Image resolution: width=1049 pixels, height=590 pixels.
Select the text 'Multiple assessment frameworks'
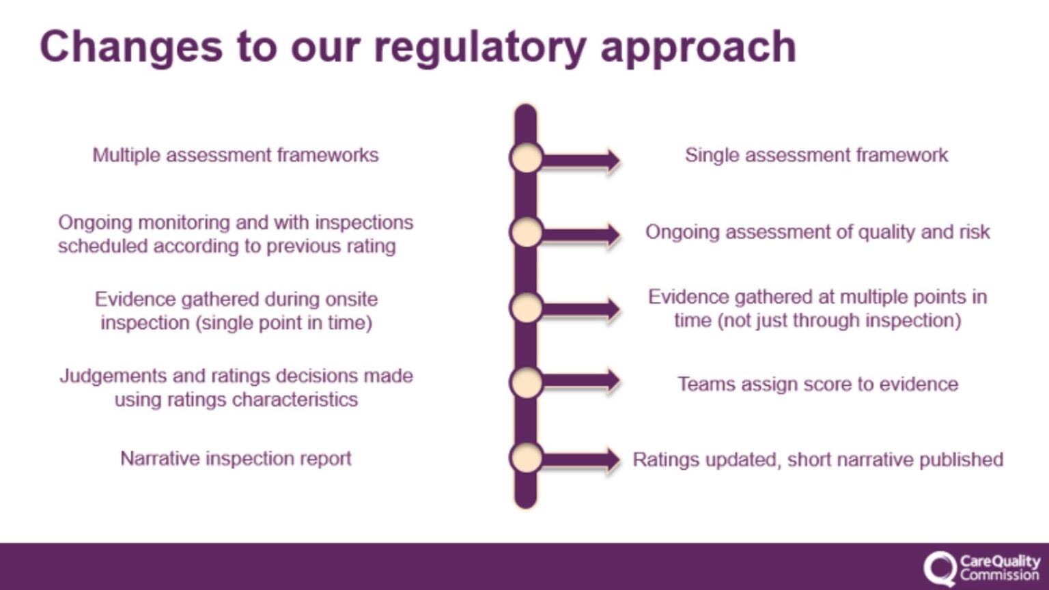(x=236, y=155)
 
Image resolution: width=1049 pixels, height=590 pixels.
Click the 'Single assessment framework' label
(x=816, y=155)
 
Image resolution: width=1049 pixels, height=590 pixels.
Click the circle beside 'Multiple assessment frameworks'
(x=526, y=158)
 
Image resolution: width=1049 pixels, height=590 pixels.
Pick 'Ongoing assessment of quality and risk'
(x=817, y=232)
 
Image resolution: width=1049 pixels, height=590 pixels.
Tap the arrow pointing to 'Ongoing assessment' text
(x=581, y=235)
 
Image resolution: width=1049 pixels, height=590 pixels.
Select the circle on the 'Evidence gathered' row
(x=526, y=307)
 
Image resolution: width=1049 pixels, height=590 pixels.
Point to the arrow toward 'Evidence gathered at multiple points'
(x=581, y=309)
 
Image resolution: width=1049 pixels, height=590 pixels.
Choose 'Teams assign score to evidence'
(x=817, y=384)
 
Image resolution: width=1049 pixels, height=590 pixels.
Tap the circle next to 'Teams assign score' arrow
(x=526, y=382)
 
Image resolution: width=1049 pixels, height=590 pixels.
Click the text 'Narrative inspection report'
(x=236, y=458)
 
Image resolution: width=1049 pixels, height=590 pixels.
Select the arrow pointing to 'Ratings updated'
(x=581, y=460)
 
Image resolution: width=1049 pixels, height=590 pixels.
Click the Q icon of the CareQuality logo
(x=940, y=568)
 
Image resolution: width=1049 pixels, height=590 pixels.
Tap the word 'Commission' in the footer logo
(x=999, y=575)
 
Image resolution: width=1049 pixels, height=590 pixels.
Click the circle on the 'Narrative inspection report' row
(x=526, y=458)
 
